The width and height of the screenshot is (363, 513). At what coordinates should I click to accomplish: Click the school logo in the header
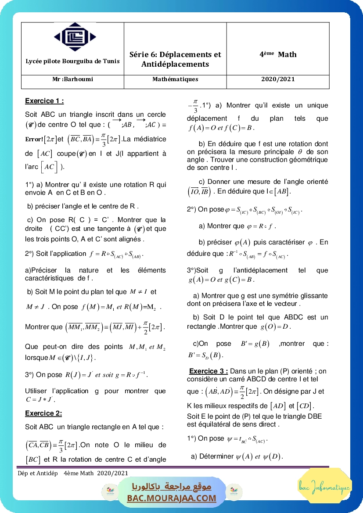[x=72, y=38]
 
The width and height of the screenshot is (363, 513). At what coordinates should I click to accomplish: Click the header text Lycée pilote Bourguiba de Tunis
[x=72, y=61]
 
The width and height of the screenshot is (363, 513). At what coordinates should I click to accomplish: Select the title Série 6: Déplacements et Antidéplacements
[x=175, y=59]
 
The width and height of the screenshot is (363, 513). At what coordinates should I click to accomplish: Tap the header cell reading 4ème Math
[x=278, y=54]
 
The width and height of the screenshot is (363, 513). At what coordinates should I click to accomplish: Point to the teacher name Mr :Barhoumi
[x=72, y=79]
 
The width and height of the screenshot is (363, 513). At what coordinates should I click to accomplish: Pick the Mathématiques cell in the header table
[x=175, y=79]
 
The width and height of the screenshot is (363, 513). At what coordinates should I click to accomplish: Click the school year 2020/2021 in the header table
[x=278, y=79]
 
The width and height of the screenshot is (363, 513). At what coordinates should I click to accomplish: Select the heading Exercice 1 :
[x=44, y=101]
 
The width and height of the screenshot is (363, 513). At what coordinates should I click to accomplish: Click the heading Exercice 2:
[x=43, y=413]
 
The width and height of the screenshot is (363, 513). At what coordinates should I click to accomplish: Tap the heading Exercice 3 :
[x=208, y=371]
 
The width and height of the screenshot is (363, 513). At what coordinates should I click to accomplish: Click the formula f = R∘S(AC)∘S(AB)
[x=116, y=254]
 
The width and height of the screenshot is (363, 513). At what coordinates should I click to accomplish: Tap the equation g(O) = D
[x=275, y=327]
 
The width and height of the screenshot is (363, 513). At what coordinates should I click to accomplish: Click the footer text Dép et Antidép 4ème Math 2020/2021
[x=73, y=473]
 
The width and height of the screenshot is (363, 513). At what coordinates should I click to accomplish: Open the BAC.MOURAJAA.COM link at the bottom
[x=172, y=498]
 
